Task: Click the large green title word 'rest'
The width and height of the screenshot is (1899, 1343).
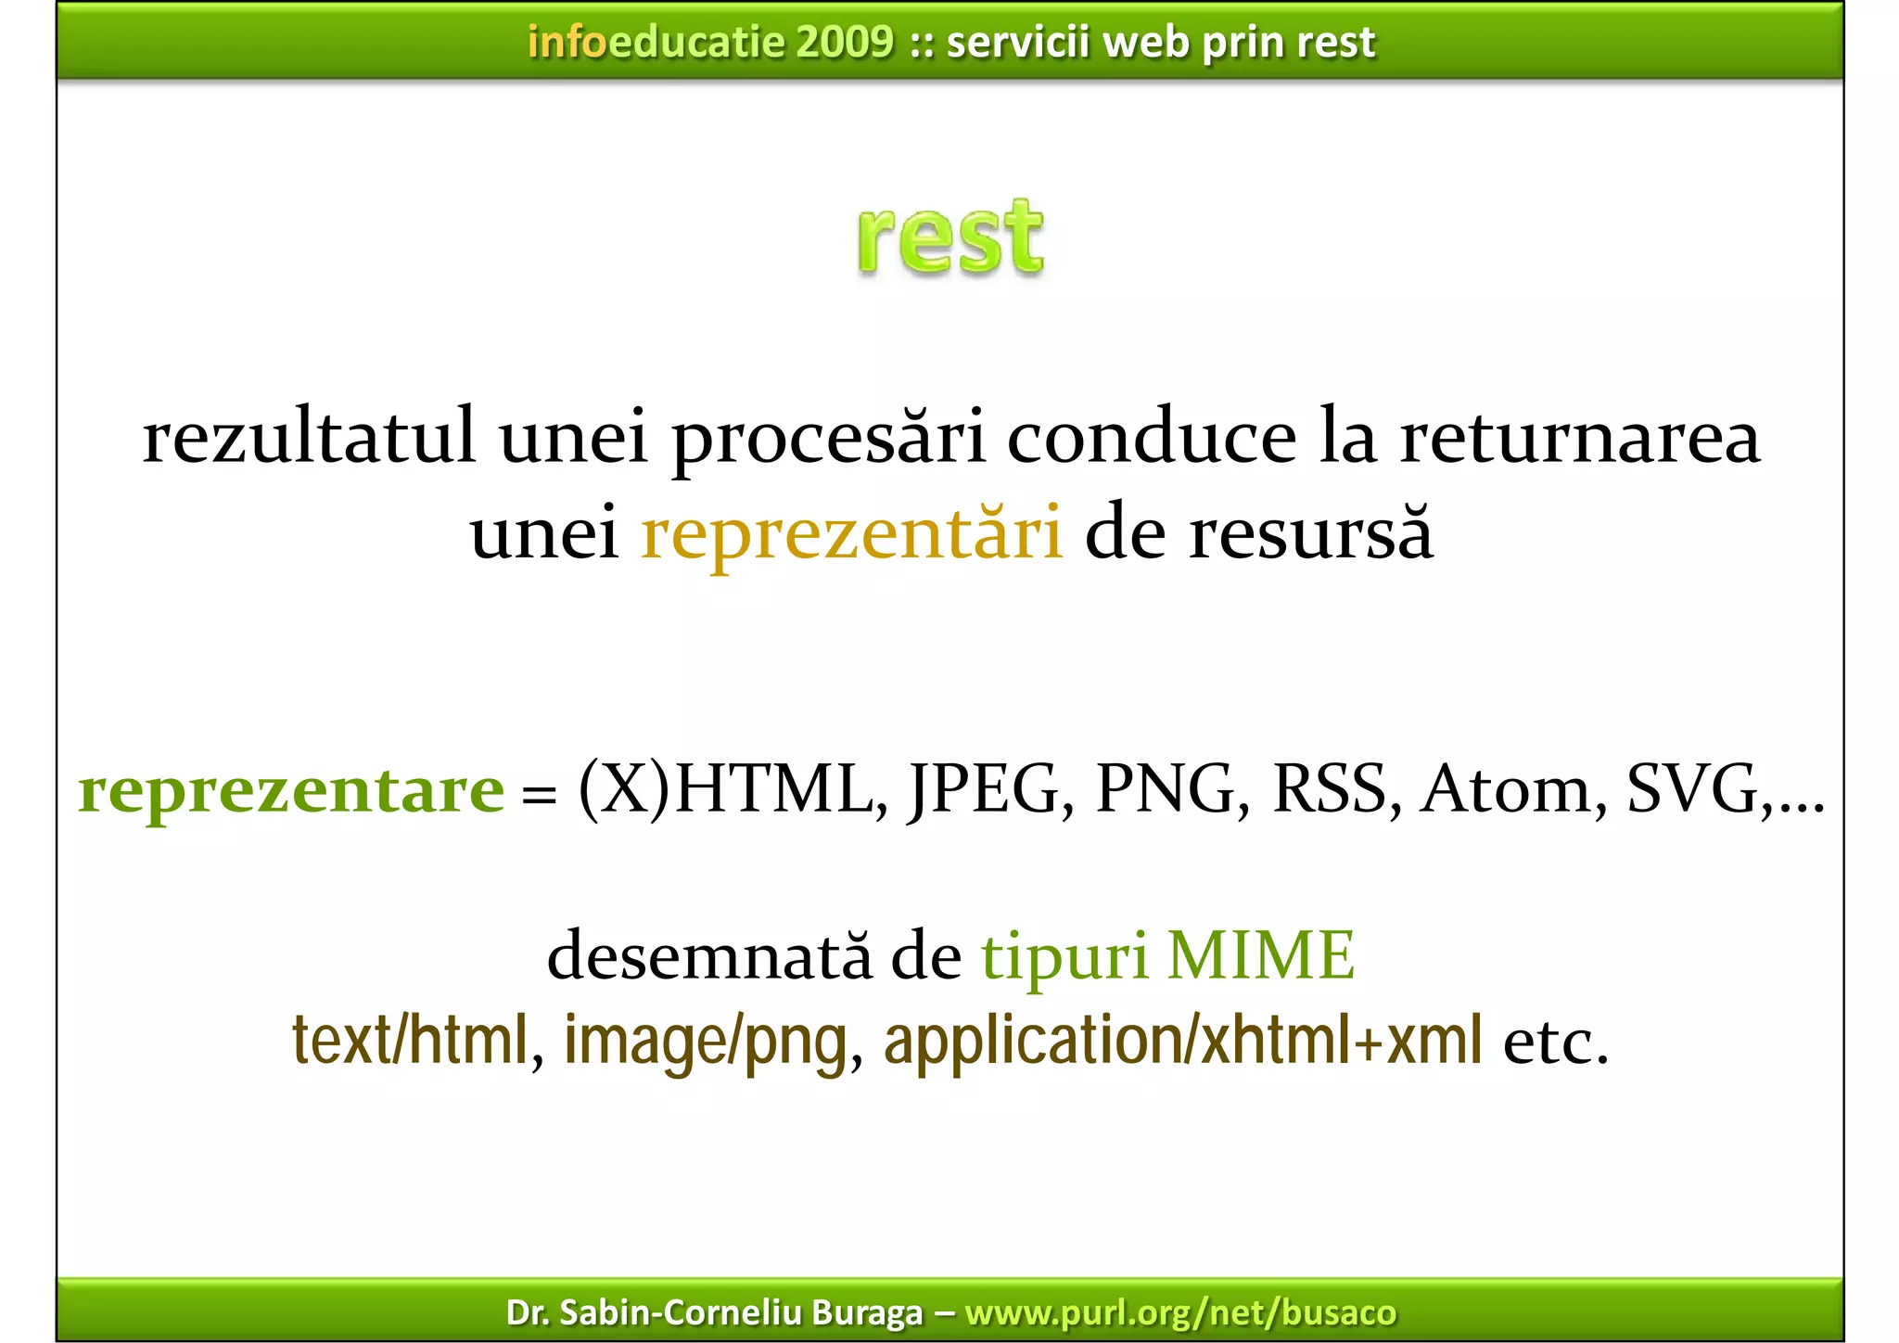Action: (950, 238)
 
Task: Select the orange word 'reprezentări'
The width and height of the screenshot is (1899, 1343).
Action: (851, 535)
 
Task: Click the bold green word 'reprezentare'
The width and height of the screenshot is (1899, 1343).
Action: (291, 791)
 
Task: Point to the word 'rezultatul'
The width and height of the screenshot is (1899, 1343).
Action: (309, 438)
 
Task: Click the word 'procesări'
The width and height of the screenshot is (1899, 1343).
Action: (828, 438)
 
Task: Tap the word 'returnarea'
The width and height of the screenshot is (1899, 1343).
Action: (1579, 438)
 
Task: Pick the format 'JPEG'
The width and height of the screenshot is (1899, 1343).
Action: (984, 789)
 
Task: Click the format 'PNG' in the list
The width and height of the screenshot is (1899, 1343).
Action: (1166, 789)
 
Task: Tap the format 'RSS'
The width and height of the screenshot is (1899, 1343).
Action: (1329, 789)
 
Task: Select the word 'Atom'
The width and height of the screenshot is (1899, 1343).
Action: (1506, 789)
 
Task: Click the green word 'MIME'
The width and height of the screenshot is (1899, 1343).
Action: (1260, 955)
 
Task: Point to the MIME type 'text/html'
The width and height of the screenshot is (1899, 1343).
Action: (411, 1041)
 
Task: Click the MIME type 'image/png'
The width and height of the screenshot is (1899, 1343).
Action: (706, 1041)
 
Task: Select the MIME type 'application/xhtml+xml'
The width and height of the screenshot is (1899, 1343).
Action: (1182, 1041)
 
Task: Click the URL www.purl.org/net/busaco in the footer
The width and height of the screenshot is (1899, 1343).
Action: (1180, 1312)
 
